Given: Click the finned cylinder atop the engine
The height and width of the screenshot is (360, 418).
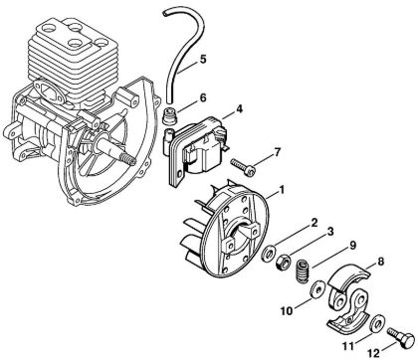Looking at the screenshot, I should click(76, 60).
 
